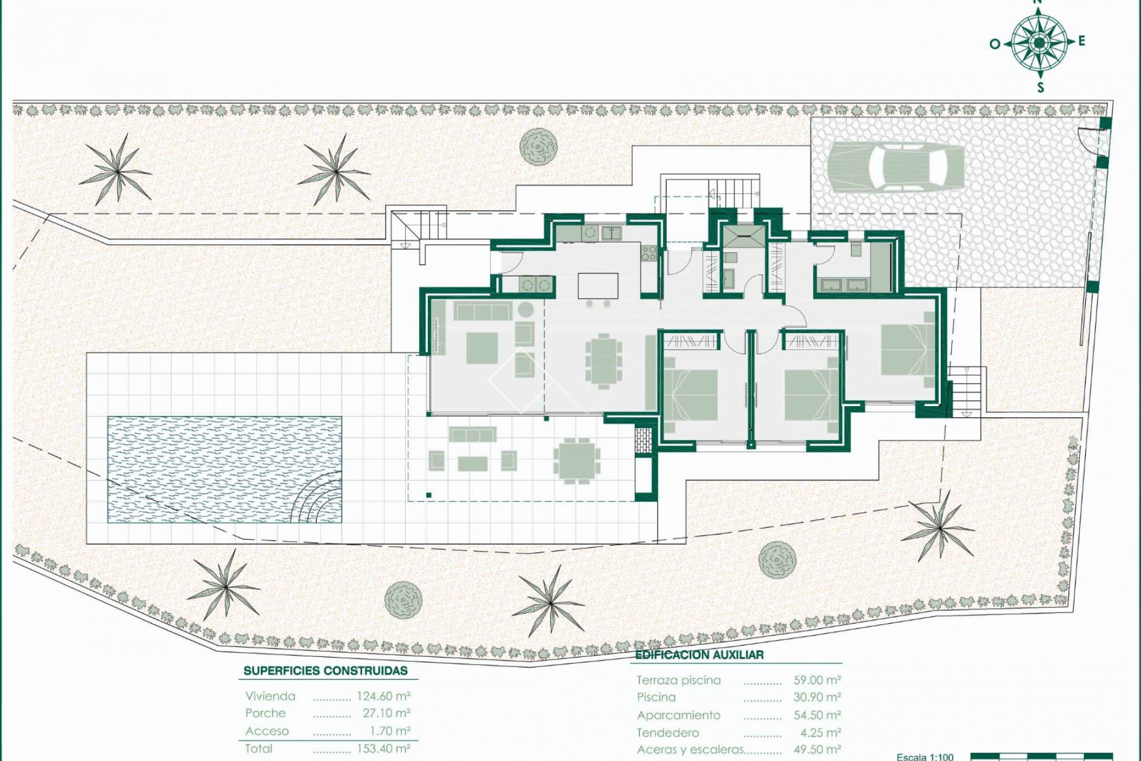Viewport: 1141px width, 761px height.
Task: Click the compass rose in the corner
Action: (x=1039, y=42)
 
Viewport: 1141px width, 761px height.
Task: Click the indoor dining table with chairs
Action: (x=603, y=361)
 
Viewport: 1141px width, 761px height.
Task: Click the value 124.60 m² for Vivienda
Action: (x=383, y=696)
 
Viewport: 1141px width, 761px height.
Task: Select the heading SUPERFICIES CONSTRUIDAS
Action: (x=326, y=671)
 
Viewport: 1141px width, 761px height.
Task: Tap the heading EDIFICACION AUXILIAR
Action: (x=699, y=655)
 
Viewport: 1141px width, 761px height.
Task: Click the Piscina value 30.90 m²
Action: (x=817, y=697)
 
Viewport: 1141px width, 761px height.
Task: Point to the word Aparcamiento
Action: (x=678, y=715)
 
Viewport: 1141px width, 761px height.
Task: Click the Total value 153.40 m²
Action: (x=383, y=749)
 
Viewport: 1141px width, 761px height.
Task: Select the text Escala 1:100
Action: (x=925, y=756)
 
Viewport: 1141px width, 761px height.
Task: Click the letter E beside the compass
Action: (x=1082, y=41)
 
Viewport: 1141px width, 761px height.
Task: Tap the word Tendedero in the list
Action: (x=667, y=733)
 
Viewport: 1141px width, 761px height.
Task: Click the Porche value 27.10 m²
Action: (x=386, y=713)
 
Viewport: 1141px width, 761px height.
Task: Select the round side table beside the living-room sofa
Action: (x=525, y=309)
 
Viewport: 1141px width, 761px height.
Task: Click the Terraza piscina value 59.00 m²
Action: (x=817, y=680)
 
